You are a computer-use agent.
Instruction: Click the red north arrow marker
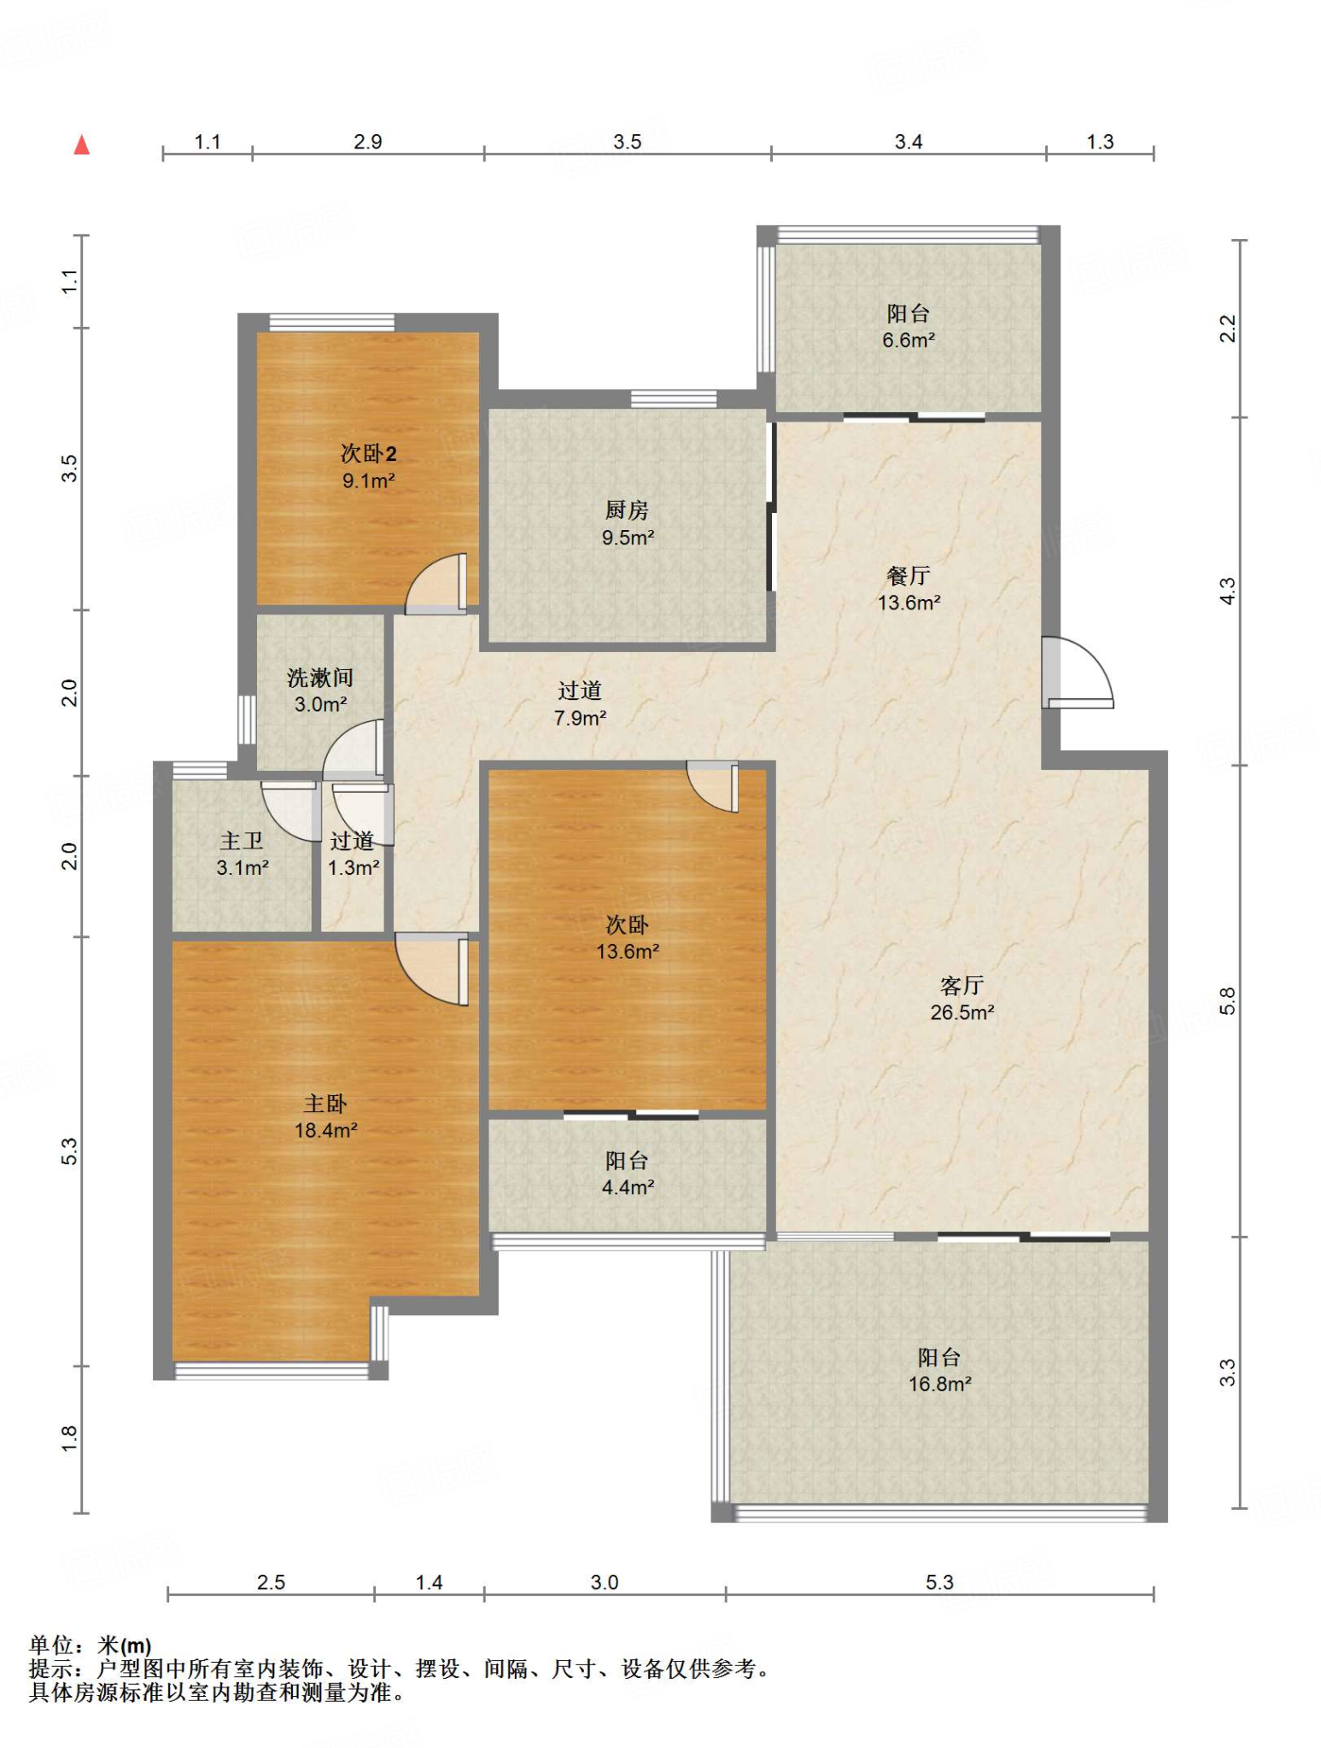(82, 145)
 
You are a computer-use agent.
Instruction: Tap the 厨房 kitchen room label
(627, 510)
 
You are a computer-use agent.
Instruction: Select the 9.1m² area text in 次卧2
(369, 481)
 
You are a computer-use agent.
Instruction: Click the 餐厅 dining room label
(908, 576)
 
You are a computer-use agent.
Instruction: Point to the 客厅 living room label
(962, 986)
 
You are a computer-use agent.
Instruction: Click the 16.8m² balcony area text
(939, 1384)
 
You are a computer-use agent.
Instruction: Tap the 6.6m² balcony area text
(909, 340)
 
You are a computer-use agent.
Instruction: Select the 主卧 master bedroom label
(325, 1104)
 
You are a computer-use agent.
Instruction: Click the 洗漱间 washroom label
(320, 678)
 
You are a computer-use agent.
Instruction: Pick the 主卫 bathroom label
(242, 842)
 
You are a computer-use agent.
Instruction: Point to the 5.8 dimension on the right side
(1227, 1000)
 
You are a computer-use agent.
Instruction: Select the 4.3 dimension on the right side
(1227, 591)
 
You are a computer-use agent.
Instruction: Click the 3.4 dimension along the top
(909, 142)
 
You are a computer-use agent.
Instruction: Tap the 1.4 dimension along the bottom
(429, 1582)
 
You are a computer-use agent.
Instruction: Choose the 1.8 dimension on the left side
(69, 1437)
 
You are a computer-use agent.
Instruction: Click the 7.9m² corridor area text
(580, 718)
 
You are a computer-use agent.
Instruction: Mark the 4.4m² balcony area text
(628, 1187)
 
